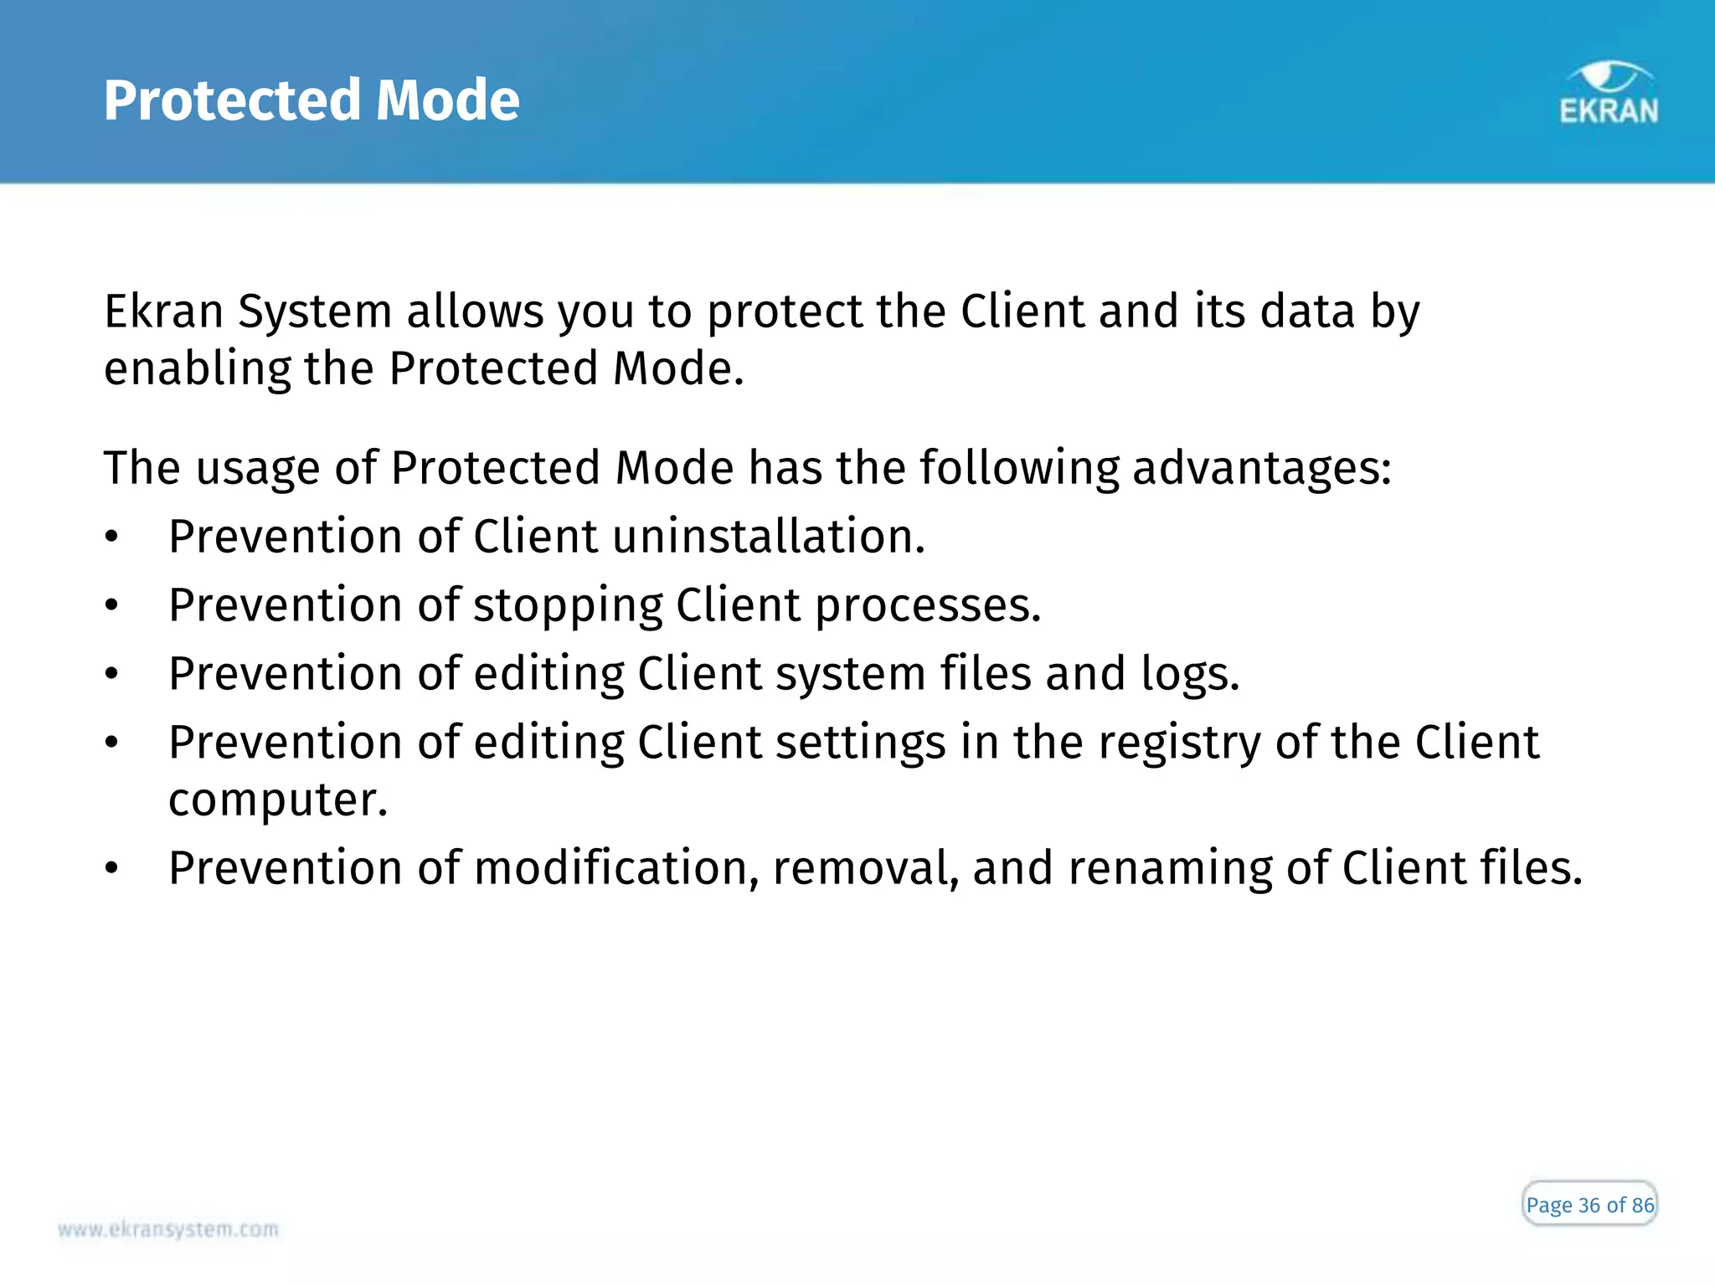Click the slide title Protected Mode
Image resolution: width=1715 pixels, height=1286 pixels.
coord(312,100)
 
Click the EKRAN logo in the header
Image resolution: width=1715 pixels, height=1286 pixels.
coord(1609,95)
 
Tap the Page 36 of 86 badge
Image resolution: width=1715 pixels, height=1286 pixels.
coord(1589,1205)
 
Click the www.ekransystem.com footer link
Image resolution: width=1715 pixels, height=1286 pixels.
coord(168,1229)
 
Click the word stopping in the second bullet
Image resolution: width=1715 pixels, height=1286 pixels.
coord(568,606)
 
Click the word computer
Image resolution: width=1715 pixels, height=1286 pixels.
coord(278,800)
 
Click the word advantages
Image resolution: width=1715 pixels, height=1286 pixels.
coord(1261,469)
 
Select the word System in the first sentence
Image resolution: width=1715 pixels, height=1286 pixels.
coord(315,312)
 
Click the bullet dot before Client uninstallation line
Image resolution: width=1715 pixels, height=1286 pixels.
coord(112,538)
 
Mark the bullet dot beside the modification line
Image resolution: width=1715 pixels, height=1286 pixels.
coord(112,869)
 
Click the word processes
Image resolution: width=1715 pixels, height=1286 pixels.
coord(928,606)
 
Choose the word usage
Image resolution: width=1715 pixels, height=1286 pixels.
coord(258,469)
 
